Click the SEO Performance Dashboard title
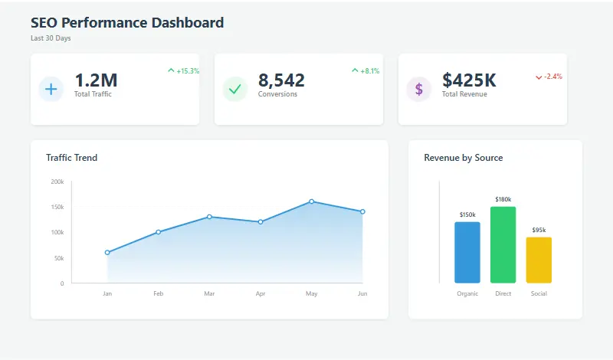coord(127,23)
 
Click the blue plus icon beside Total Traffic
coord(51,89)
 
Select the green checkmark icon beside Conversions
coord(235,89)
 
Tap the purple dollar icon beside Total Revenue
coord(418,89)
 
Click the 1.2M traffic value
coord(96,80)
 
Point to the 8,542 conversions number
coord(281,80)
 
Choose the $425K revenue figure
coord(469,80)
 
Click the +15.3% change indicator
coord(184,71)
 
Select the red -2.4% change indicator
coord(549,77)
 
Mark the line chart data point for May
coord(311,201)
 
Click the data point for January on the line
coord(107,253)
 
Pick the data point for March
coord(209,217)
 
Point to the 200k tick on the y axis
coord(57,182)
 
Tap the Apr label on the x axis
coord(261,293)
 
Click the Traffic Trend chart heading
coord(71,158)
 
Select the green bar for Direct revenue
coord(503,245)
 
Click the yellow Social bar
coord(539,260)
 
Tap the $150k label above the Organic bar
coord(467,214)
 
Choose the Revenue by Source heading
coord(463,158)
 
